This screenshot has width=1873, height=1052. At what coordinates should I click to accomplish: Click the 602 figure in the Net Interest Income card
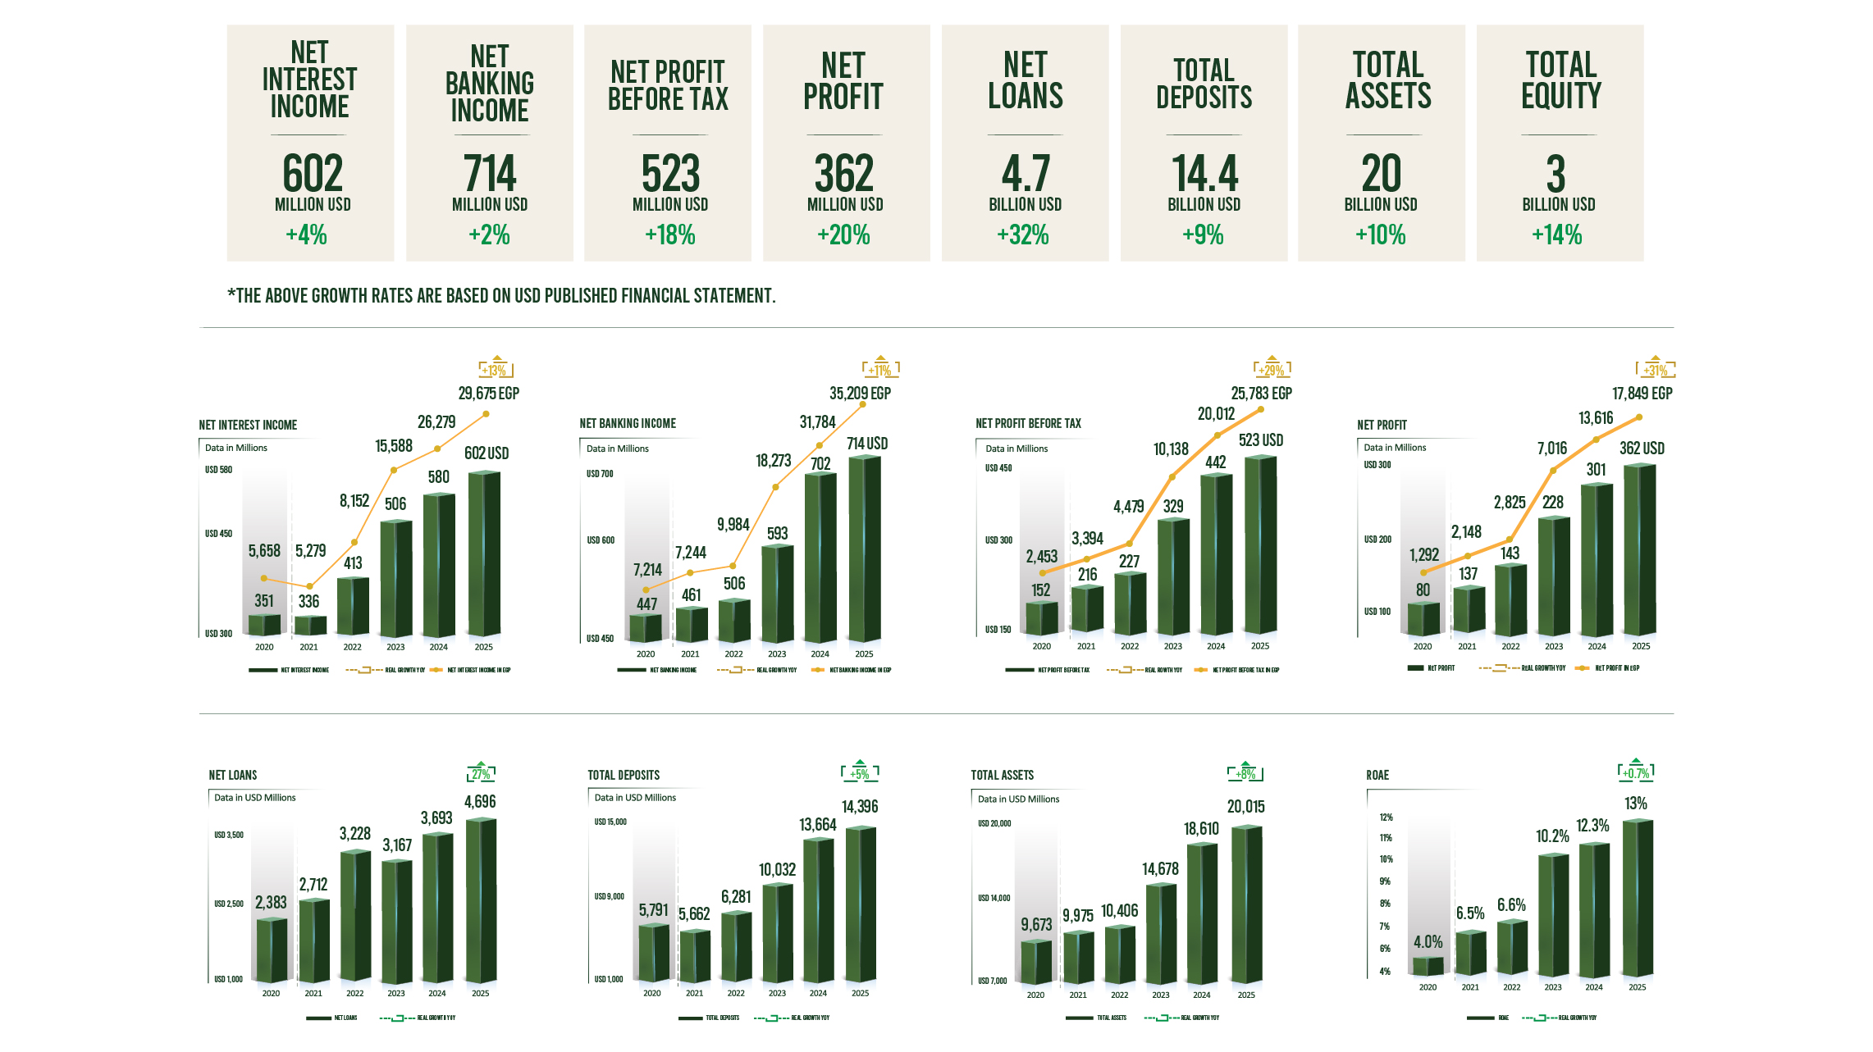(312, 174)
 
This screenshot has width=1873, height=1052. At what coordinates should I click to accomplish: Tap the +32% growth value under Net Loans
(1023, 235)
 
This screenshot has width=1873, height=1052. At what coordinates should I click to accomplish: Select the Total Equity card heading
(1560, 80)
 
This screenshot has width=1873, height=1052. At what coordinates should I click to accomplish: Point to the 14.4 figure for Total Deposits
(1204, 174)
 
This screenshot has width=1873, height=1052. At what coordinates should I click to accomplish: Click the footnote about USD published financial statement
(501, 296)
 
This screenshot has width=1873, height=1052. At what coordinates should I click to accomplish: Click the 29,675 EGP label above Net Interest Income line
(488, 394)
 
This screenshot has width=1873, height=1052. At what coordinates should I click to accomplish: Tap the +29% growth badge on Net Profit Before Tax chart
(1272, 370)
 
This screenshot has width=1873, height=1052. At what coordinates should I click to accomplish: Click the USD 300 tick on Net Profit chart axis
(1377, 465)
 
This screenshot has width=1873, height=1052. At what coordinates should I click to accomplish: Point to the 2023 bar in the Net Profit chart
(1553, 576)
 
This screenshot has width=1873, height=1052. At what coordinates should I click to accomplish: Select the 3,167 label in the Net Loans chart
(397, 845)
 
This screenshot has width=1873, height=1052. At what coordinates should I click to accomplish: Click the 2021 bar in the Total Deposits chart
(695, 955)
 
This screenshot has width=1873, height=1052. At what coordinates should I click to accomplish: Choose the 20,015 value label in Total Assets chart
(1245, 807)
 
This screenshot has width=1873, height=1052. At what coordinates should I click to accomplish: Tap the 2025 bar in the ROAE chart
(1637, 897)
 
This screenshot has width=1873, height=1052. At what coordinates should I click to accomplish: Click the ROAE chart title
(1377, 775)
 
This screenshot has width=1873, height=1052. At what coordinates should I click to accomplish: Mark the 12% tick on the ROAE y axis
(1386, 817)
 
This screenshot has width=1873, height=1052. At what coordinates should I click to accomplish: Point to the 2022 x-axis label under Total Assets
(1119, 995)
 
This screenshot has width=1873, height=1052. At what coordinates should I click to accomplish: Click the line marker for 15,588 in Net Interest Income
(394, 470)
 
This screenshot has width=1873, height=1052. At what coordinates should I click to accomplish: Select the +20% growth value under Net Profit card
(843, 235)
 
